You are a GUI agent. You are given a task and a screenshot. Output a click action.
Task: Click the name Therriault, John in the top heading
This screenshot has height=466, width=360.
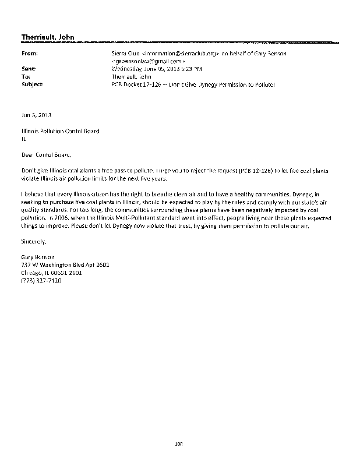tap(48, 37)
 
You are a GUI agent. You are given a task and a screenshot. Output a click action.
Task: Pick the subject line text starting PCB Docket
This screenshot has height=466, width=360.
tap(192, 84)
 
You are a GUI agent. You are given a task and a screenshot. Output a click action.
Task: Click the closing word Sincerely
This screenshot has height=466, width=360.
tap(33, 241)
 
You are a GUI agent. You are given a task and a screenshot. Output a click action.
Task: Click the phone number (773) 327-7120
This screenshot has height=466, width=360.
tap(41, 280)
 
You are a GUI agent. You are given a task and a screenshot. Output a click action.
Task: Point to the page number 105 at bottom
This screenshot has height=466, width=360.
tap(179, 444)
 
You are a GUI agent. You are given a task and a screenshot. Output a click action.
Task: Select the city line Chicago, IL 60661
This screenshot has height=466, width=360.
tap(51, 272)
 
